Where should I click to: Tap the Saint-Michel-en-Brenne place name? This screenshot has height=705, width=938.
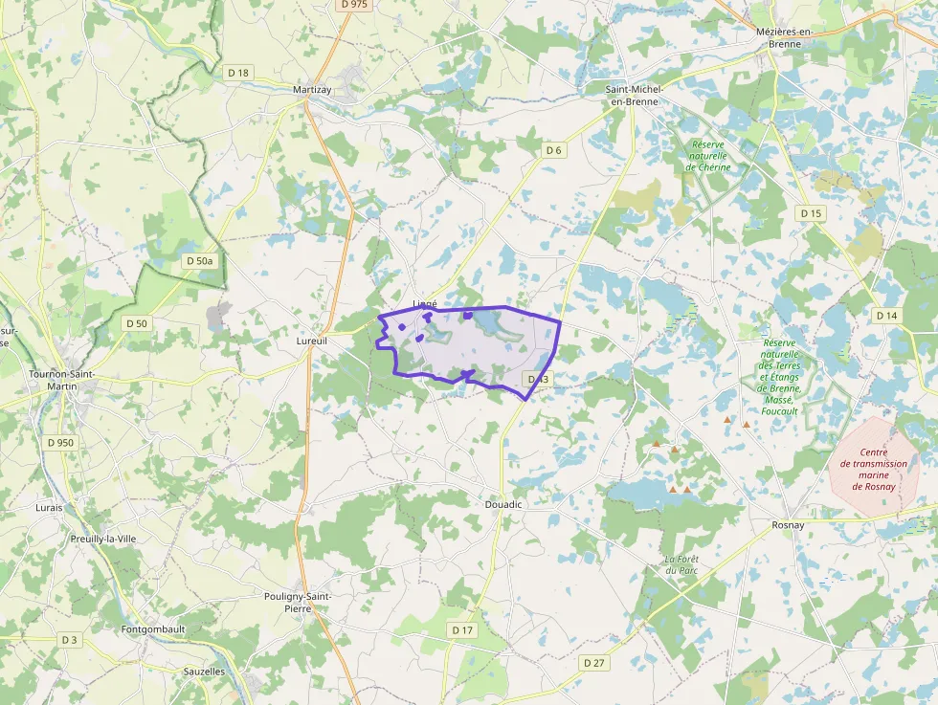coord(634,95)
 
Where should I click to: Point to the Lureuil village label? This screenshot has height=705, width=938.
coord(312,340)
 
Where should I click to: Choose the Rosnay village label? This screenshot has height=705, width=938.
coord(788,524)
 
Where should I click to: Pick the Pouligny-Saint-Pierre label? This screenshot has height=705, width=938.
coord(297,601)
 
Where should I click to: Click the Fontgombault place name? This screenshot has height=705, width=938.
coord(153,629)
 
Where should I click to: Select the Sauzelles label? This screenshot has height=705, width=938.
coord(204,672)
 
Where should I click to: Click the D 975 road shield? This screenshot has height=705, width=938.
coord(353,5)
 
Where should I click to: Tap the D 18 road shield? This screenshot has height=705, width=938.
coord(237,73)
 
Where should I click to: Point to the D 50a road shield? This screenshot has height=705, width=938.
coord(200,260)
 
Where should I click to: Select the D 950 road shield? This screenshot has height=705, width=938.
coord(59,443)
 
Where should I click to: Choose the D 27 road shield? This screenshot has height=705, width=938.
coord(594,662)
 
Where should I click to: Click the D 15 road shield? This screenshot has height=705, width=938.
coord(811,212)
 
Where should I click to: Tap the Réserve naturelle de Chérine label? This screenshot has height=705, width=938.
coord(707,155)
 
